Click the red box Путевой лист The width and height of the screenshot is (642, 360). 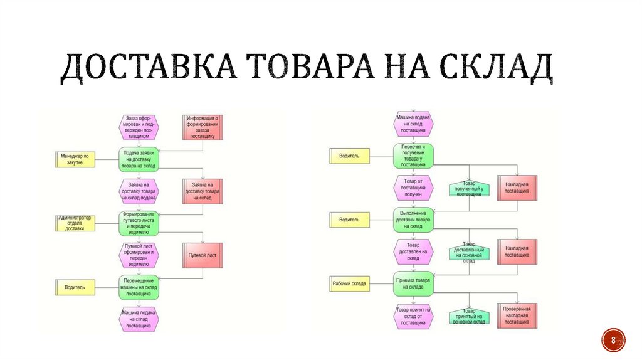click(x=203, y=255)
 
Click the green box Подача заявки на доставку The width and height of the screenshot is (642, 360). click(x=139, y=159)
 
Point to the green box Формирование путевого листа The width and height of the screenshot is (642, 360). click(x=139, y=223)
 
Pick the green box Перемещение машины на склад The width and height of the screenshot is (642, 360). click(x=139, y=287)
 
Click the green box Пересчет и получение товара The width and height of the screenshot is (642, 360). click(x=413, y=156)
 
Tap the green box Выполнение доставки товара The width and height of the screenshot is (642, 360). click(x=413, y=220)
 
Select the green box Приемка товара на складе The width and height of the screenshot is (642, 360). click(x=413, y=283)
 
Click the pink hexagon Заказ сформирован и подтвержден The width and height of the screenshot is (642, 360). click(x=139, y=126)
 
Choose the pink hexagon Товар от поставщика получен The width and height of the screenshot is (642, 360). click(x=413, y=188)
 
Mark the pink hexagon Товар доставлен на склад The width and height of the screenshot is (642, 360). click(x=413, y=251)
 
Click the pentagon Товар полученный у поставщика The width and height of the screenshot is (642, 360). click(x=469, y=189)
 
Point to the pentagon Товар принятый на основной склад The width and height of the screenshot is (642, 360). click(x=469, y=317)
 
